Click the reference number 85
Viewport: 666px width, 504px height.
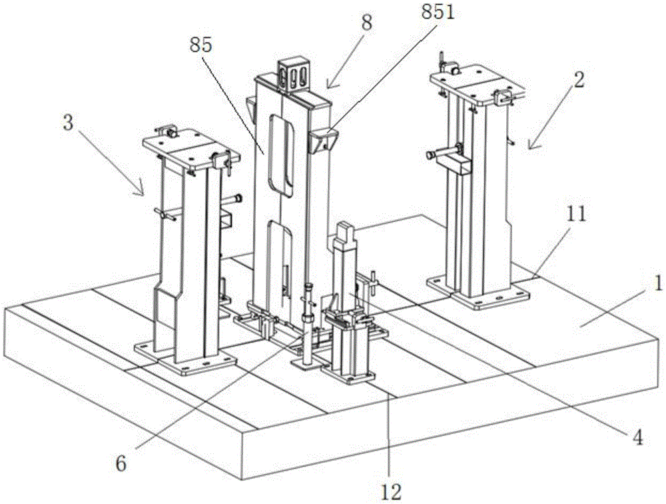click(x=200, y=46)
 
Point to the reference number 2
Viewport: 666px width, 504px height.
click(x=579, y=81)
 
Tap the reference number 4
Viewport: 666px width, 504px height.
click(x=637, y=438)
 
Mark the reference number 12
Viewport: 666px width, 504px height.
click(x=392, y=492)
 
